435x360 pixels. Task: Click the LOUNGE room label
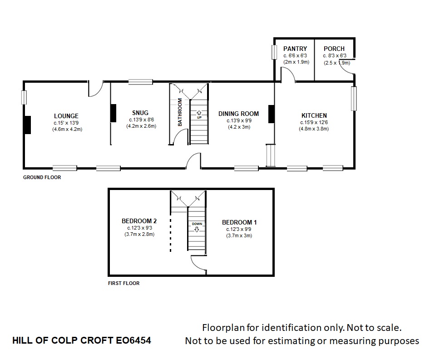(x=66, y=116)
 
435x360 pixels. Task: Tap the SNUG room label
(x=140, y=113)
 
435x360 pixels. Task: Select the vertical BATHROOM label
(x=180, y=112)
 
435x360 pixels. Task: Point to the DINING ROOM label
(x=238, y=114)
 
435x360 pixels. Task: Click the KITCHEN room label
(x=314, y=115)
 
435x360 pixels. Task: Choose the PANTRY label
(x=295, y=49)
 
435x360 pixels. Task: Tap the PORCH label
(x=334, y=49)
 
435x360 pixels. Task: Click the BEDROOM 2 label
(x=139, y=221)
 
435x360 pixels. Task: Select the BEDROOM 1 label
(x=239, y=222)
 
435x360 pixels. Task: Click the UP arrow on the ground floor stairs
(x=199, y=113)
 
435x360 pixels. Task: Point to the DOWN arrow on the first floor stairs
(x=197, y=230)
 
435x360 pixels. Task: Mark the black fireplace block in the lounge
(x=27, y=125)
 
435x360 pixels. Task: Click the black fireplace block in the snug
(x=113, y=113)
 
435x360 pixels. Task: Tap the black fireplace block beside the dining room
(x=272, y=114)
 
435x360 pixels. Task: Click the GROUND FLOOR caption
(x=42, y=177)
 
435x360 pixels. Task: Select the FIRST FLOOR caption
(x=124, y=283)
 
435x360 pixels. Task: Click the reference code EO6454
(x=133, y=340)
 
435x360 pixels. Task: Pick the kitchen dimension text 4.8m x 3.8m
(x=314, y=129)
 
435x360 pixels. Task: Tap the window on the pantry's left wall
(x=274, y=52)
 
